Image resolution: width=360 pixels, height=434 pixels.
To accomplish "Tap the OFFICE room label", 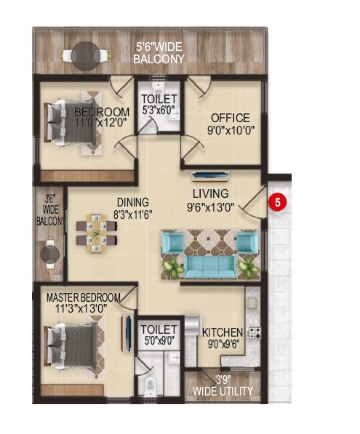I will click(x=230, y=118).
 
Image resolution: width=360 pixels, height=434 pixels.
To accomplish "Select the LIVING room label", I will click(x=211, y=193).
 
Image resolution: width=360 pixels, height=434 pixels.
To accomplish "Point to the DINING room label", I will click(x=131, y=202).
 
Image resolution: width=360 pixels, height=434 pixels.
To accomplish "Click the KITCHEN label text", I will click(x=222, y=332).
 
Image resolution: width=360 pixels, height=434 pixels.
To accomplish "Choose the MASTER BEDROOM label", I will click(x=83, y=298).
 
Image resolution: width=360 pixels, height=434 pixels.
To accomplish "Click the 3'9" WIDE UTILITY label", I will click(x=223, y=385).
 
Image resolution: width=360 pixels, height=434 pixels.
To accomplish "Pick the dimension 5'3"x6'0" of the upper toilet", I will click(x=158, y=111).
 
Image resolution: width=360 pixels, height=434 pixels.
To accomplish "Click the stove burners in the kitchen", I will click(x=255, y=333).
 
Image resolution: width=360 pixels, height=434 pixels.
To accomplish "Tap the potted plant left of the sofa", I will click(x=171, y=267).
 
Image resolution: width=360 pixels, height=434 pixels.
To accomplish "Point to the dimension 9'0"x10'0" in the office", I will click(x=230, y=132).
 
